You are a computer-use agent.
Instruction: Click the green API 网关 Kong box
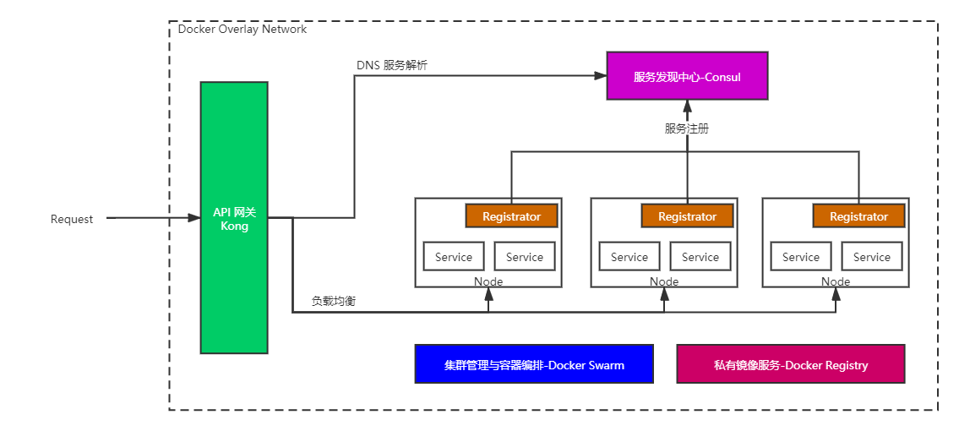pos(234,217)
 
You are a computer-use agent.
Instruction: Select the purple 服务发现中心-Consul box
pos(687,76)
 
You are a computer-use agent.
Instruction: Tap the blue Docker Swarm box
pos(534,364)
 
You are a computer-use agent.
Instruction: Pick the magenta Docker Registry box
pos(791,364)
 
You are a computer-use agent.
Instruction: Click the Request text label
pos(72,219)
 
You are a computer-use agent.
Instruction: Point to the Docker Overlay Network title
pos(242,30)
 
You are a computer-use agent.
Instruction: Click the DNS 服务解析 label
pos(392,66)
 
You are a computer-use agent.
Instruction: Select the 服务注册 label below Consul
pos(687,129)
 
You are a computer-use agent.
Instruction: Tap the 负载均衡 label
pos(333,301)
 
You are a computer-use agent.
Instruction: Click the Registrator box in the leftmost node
pos(511,216)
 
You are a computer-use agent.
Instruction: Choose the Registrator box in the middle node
pos(687,216)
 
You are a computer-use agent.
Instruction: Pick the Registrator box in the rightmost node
pos(858,216)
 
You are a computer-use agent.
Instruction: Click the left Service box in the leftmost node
pos(454,257)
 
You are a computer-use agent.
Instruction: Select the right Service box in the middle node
pos(700,257)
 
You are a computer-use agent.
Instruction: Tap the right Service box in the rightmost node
pos(872,257)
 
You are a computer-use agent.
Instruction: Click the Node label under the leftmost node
pos(488,281)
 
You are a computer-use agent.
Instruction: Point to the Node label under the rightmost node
pos(836,281)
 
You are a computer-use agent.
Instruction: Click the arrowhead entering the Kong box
pos(194,218)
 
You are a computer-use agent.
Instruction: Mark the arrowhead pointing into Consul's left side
pos(601,76)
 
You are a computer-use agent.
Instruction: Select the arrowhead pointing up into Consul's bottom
pos(687,106)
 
